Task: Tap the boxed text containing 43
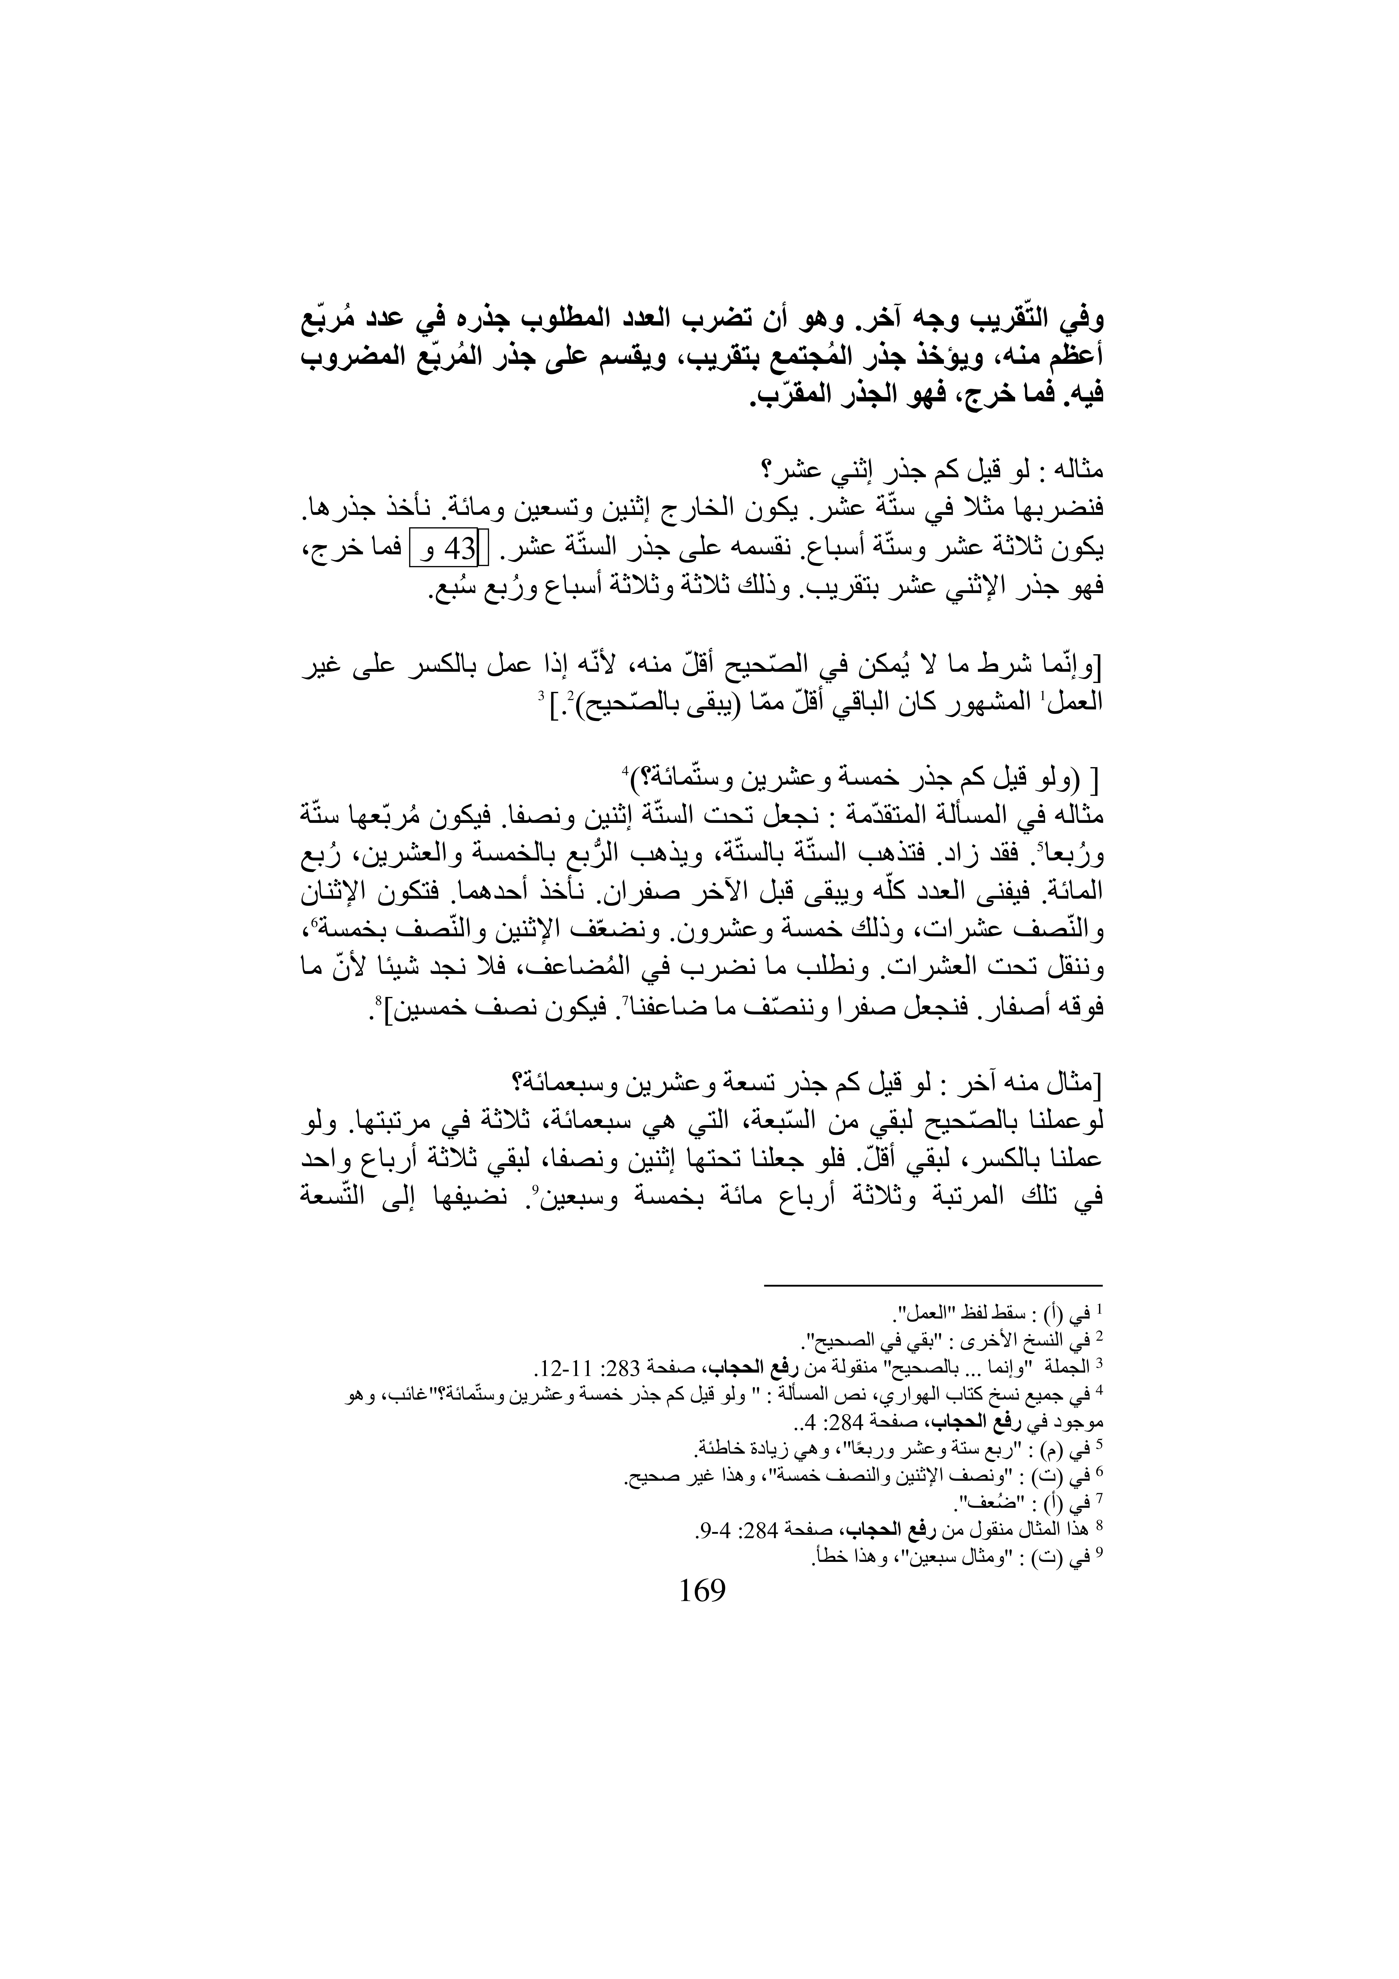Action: pyautogui.click(x=446, y=548)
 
